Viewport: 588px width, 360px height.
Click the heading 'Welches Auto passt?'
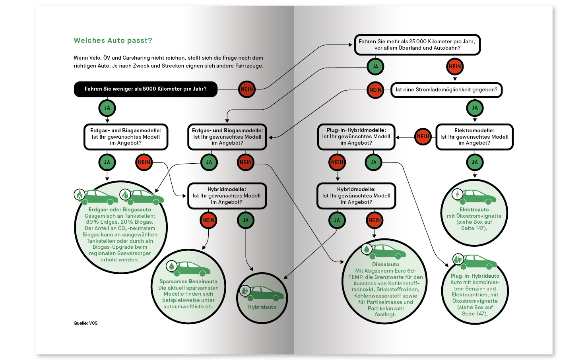(x=113, y=41)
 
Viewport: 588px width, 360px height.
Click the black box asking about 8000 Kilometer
(x=146, y=89)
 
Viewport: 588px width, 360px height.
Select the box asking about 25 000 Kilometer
(x=417, y=45)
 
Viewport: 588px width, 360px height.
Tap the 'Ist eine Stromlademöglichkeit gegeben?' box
(x=446, y=90)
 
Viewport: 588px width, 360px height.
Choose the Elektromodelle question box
(x=474, y=137)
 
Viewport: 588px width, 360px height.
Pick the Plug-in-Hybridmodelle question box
(x=356, y=137)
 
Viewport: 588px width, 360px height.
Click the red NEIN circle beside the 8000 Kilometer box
(x=247, y=89)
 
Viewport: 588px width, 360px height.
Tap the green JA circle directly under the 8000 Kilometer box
(x=107, y=108)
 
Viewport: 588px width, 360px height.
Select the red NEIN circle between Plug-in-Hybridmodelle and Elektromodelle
(x=423, y=137)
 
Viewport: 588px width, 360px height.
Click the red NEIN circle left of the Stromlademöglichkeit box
(x=375, y=90)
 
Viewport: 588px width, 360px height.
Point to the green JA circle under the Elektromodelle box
(x=475, y=162)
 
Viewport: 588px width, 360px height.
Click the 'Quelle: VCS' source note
(x=85, y=323)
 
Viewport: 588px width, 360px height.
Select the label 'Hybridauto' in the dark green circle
(x=262, y=307)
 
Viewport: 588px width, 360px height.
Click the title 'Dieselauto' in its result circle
(x=386, y=264)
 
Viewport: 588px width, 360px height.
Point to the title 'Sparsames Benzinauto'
(x=188, y=281)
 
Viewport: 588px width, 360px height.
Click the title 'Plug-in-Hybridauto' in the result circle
(x=475, y=276)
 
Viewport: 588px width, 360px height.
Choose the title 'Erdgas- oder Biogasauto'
(x=120, y=209)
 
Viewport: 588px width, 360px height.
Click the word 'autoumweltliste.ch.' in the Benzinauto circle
(x=188, y=306)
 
